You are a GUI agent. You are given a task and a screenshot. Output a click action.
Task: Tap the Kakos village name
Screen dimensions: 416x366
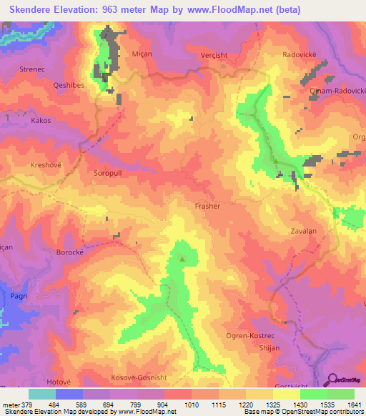click(x=41, y=121)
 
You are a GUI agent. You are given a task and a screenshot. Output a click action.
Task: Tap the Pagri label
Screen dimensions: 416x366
click(x=19, y=293)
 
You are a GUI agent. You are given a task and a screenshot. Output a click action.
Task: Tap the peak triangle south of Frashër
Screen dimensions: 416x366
click(x=182, y=259)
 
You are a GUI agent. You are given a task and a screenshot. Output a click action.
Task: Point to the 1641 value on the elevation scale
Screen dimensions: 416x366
click(x=354, y=405)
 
